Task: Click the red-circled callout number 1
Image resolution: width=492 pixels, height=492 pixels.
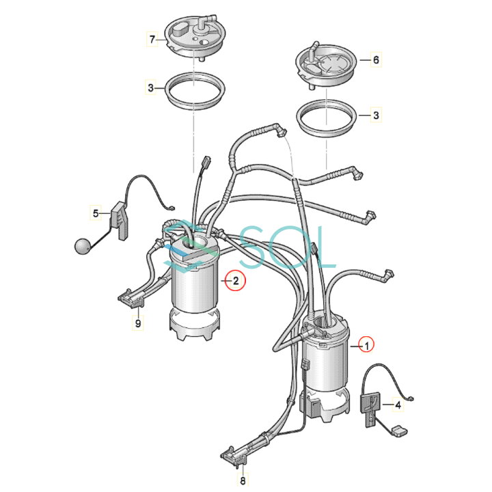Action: coord(367,346)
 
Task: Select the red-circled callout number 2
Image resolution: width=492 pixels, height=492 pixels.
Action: coord(236,281)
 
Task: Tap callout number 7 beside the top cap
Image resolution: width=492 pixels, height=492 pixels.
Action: coord(152,40)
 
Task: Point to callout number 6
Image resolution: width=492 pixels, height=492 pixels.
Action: coord(376,60)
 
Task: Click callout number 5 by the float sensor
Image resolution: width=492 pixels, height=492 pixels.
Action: coord(96,213)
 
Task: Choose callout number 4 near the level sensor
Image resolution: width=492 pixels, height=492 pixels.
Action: coord(398,405)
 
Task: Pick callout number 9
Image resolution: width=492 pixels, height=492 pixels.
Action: coord(138,323)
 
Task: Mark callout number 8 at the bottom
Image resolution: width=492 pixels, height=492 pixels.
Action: coord(243,480)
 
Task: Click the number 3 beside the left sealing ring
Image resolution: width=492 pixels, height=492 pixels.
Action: coord(151,88)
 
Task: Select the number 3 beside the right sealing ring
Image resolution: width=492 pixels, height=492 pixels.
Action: coord(376,115)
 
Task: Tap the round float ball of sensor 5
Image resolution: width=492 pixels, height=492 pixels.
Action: coord(83,246)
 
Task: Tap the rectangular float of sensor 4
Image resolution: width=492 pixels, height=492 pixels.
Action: coord(400,430)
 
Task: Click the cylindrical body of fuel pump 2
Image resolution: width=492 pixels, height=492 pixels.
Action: coord(195,288)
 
